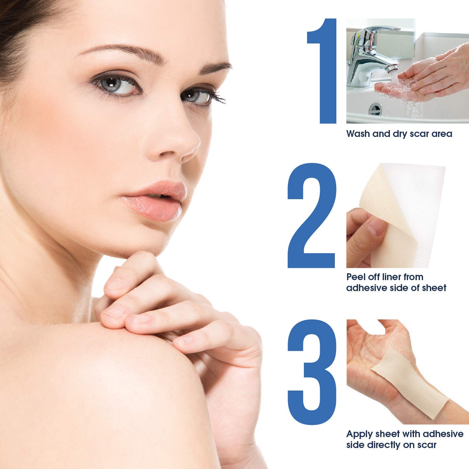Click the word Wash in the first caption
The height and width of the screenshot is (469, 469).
click(x=359, y=134)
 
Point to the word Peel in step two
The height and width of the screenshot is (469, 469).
click(x=357, y=277)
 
